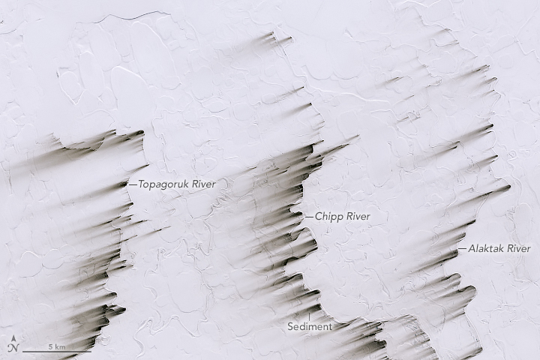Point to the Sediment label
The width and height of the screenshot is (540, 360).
click(310, 327)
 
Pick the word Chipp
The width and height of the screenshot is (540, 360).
click(328, 216)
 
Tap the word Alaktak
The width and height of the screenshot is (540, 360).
click(486, 248)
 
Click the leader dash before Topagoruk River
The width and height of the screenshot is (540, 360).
click(133, 184)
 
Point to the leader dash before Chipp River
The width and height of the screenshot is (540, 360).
click(309, 216)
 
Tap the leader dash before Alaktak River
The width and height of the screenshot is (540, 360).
click(463, 248)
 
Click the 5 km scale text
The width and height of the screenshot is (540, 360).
click(56, 346)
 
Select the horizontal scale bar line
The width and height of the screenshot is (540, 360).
click(56, 352)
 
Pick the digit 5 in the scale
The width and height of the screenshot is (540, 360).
click(51, 346)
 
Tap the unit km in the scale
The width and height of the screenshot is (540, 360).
click(60, 346)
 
